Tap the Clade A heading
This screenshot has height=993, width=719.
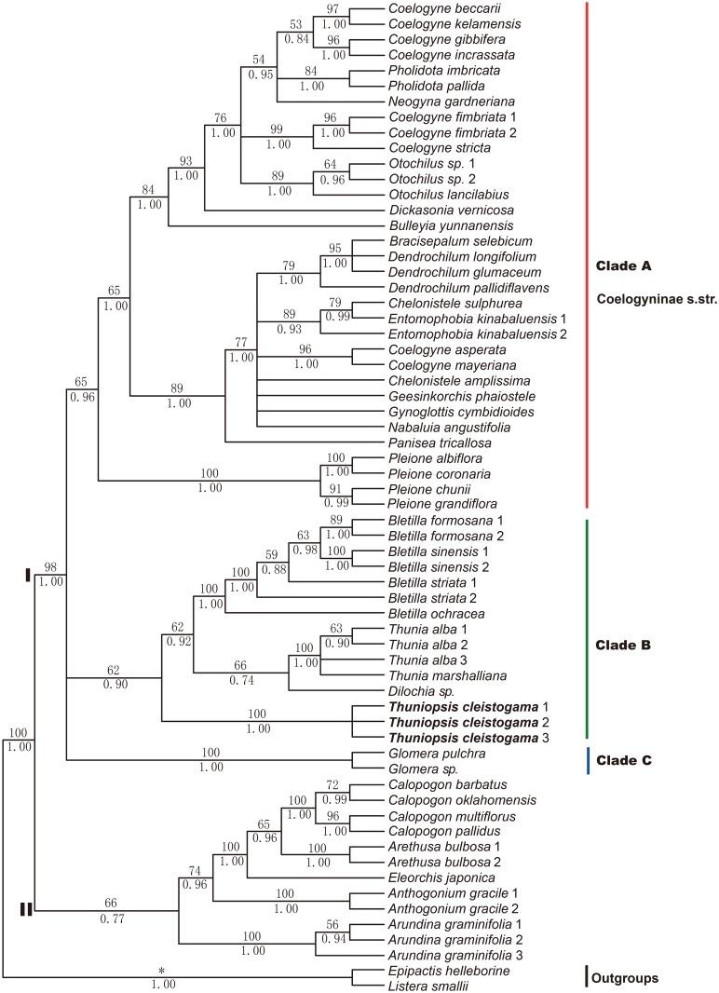(622, 266)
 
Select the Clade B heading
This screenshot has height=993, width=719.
(622, 645)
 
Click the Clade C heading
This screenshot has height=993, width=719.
(623, 760)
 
